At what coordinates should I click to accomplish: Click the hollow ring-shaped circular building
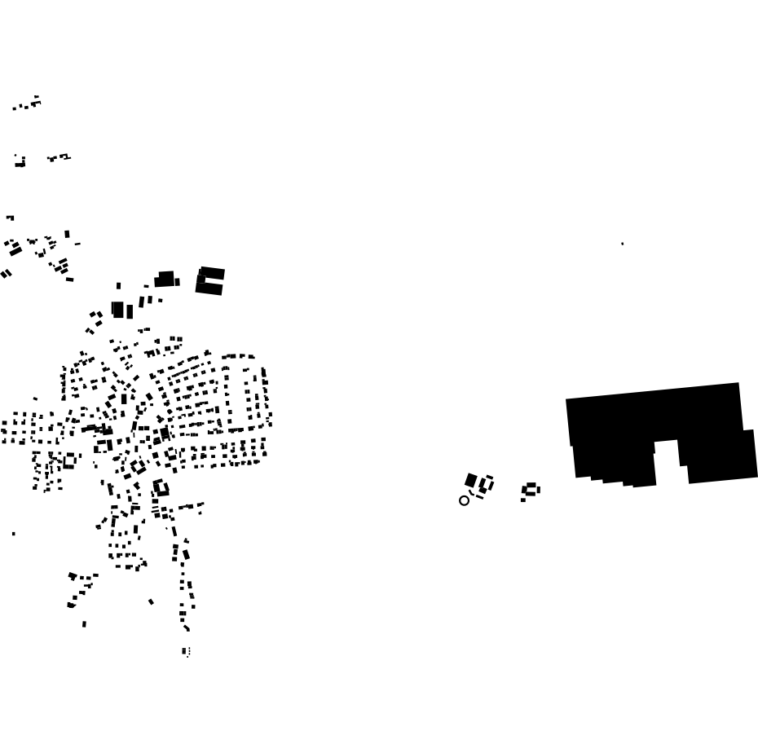pyautogui.click(x=465, y=500)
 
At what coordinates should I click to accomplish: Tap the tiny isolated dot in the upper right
pyautogui.click(x=623, y=244)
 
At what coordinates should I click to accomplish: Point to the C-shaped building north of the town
pyautogui.click(x=209, y=280)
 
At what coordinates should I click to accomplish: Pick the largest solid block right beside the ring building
pyautogui.click(x=471, y=481)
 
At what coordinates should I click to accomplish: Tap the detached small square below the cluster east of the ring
pyautogui.click(x=523, y=500)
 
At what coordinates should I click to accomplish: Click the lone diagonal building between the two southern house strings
pyautogui.click(x=151, y=602)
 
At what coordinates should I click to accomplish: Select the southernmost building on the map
pyautogui.click(x=185, y=651)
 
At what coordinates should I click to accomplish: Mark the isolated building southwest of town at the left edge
pyautogui.click(x=14, y=534)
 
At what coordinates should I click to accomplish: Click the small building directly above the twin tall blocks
pyautogui.click(x=118, y=286)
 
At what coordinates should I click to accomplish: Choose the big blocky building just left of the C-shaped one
pyautogui.click(x=165, y=280)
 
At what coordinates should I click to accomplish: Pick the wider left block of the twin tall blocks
pyautogui.click(x=117, y=310)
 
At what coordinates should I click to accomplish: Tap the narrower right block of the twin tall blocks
pyautogui.click(x=130, y=311)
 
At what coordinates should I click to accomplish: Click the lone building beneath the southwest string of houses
pyautogui.click(x=84, y=624)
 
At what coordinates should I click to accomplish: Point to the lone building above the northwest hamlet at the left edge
pyautogui.click(x=10, y=218)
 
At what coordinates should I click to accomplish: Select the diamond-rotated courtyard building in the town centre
pyautogui.click(x=138, y=468)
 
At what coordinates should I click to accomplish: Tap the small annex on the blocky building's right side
pyautogui.click(x=177, y=282)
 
